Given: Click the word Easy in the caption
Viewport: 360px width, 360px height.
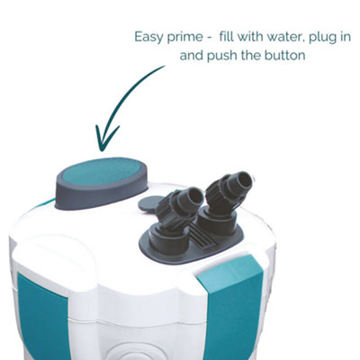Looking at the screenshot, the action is (x=147, y=37).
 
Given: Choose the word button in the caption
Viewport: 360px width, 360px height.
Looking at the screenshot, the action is (x=285, y=56).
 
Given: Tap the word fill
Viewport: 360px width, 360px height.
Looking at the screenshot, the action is (x=225, y=36).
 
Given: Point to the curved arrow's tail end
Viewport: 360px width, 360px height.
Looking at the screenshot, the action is (x=165, y=66).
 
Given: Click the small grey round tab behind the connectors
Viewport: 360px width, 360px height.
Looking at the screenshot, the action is (x=148, y=203).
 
